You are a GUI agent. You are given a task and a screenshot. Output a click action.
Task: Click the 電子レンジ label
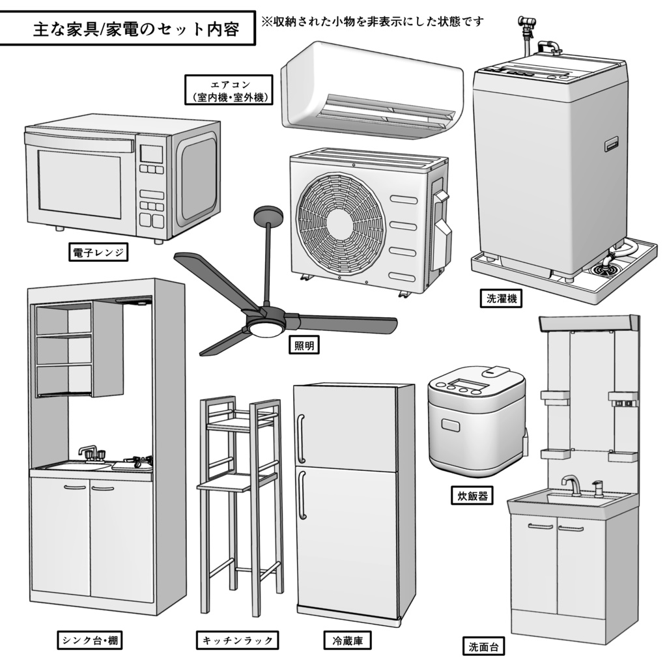point(98,253)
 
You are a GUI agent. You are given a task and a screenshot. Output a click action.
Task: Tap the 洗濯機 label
point(501,299)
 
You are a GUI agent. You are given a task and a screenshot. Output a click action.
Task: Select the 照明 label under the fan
point(304,346)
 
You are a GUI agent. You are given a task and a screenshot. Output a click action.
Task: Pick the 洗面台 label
point(486,647)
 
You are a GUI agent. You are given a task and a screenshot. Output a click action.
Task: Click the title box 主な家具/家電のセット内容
point(127,29)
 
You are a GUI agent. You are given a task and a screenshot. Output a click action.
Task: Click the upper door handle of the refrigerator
point(301,438)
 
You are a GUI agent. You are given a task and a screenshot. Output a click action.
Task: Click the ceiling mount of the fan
point(268,215)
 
